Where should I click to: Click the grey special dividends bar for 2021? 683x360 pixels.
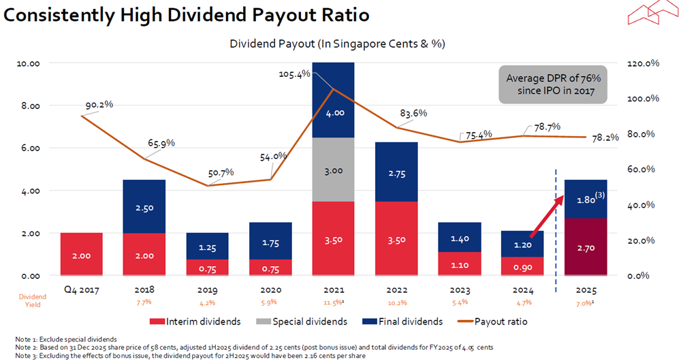(x=334, y=170)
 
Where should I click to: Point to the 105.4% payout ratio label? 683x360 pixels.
(x=295, y=73)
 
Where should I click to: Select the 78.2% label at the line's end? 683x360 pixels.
(x=605, y=137)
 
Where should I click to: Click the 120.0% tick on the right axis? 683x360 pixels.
(x=641, y=63)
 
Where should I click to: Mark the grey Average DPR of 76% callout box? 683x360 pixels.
(x=552, y=84)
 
